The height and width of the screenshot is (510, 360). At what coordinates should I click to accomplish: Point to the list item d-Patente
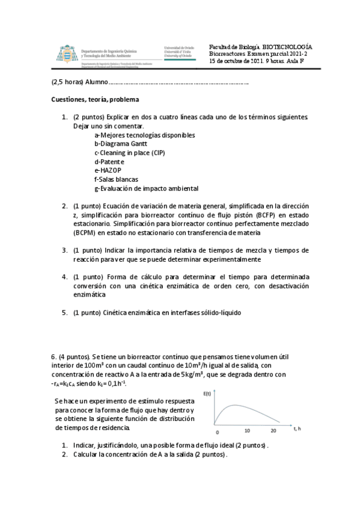[109, 162]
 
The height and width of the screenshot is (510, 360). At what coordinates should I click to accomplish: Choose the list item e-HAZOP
[108, 171]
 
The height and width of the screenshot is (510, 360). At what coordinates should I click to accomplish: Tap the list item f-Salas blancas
[116, 179]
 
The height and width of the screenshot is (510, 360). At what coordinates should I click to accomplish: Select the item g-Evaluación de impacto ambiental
[146, 188]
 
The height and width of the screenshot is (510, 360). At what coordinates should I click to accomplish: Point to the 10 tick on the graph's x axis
[246, 431]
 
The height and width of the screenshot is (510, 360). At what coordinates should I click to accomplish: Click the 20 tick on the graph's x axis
[274, 431]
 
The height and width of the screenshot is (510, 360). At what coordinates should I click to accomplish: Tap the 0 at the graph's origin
[218, 432]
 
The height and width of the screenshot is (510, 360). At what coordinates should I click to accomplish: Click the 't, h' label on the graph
[297, 429]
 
